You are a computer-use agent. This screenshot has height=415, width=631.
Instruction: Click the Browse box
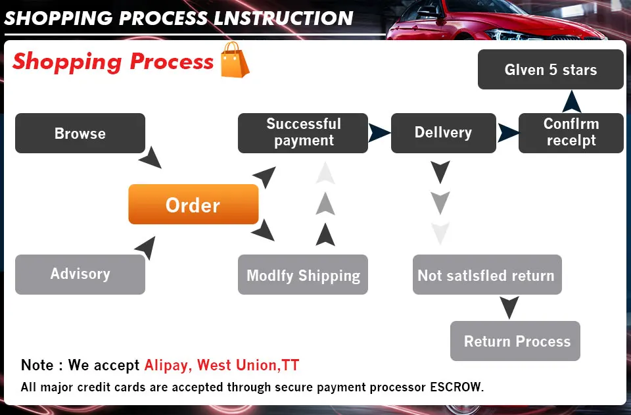pos(80,134)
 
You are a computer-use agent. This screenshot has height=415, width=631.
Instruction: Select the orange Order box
pos(193,205)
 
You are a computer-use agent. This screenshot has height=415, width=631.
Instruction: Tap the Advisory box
pos(80,274)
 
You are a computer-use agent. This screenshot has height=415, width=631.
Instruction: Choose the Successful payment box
pos(303,133)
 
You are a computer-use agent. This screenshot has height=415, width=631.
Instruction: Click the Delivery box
pos(443,133)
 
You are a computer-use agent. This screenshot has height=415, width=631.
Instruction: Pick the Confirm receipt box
pos(571,133)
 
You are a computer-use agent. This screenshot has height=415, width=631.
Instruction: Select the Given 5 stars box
pos(550,70)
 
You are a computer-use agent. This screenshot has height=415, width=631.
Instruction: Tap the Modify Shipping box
pos(302,275)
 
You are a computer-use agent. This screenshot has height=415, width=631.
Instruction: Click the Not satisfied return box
pos(486,275)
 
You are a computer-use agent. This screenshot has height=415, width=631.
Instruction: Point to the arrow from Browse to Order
pos(151,158)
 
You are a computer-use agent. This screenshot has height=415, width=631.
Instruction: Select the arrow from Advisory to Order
pos(146,247)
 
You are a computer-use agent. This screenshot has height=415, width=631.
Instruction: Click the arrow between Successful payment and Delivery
pos(379,132)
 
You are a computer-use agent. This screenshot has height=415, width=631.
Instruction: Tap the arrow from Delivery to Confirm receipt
pos(507,132)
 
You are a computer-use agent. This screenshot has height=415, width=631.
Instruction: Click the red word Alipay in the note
pos(168,365)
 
